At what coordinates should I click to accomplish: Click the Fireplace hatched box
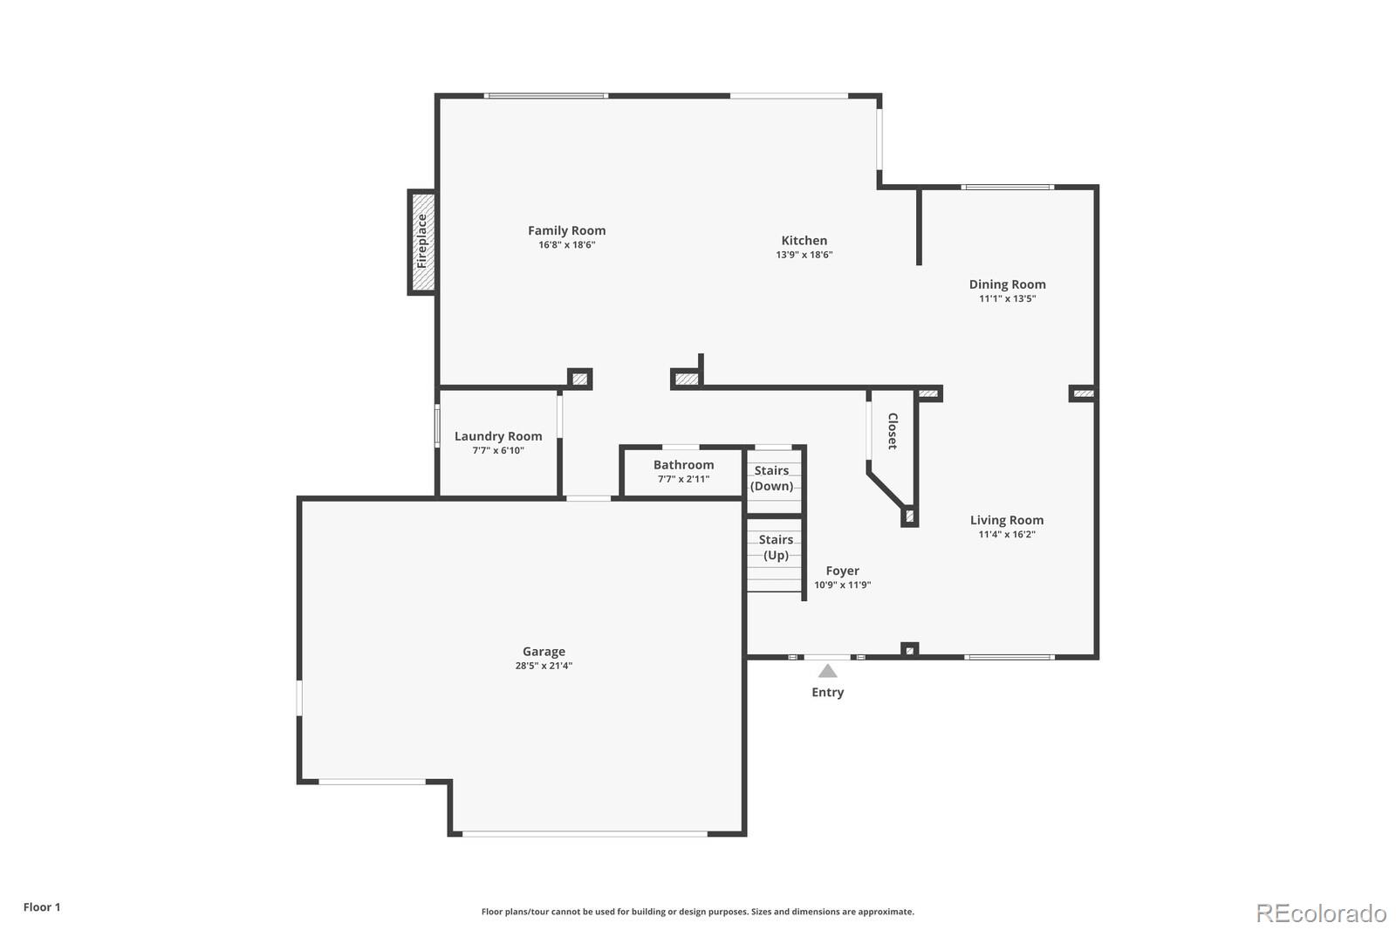coord(422,242)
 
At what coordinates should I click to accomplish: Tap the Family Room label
coord(566,230)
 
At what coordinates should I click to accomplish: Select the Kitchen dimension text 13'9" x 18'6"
coord(804,255)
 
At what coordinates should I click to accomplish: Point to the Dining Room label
coord(1007,284)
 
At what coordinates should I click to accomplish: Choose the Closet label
coord(893,431)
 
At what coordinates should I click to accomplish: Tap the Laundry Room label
coord(498,436)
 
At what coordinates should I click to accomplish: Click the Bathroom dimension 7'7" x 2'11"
coord(683,479)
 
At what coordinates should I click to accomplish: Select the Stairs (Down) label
coord(772,478)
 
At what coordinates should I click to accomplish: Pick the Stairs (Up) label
coord(776,547)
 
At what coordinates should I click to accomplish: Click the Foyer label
coord(842,571)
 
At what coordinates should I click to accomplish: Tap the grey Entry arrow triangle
coord(827,671)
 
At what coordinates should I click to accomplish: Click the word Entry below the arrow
coord(827,692)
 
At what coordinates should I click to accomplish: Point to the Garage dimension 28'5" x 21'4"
coord(544,666)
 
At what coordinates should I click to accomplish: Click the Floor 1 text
coord(42,906)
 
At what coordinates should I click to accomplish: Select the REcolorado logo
coord(1320,913)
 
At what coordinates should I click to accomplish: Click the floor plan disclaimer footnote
coord(697,912)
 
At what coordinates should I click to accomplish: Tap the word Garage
coord(544,651)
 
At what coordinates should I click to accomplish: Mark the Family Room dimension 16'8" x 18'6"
coord(566,245)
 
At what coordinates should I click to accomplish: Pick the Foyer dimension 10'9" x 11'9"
coord(842,585)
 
